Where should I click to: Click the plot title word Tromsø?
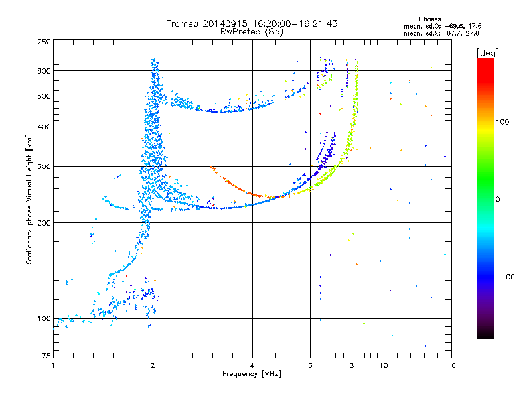coord(183,23)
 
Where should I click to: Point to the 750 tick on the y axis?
coord(43,42)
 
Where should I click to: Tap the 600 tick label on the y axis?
coord(43,71)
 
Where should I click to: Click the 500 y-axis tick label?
coord(43,96)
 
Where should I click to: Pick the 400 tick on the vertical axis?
coord(43,127)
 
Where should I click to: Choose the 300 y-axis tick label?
coord(43,167)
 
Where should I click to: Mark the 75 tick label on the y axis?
coord(45,357)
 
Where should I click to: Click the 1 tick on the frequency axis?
coord(53,365)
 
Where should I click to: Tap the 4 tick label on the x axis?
coord(252,365)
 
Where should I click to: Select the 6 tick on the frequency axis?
coord(311,365)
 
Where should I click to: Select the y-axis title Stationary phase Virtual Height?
coord(29,199)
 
